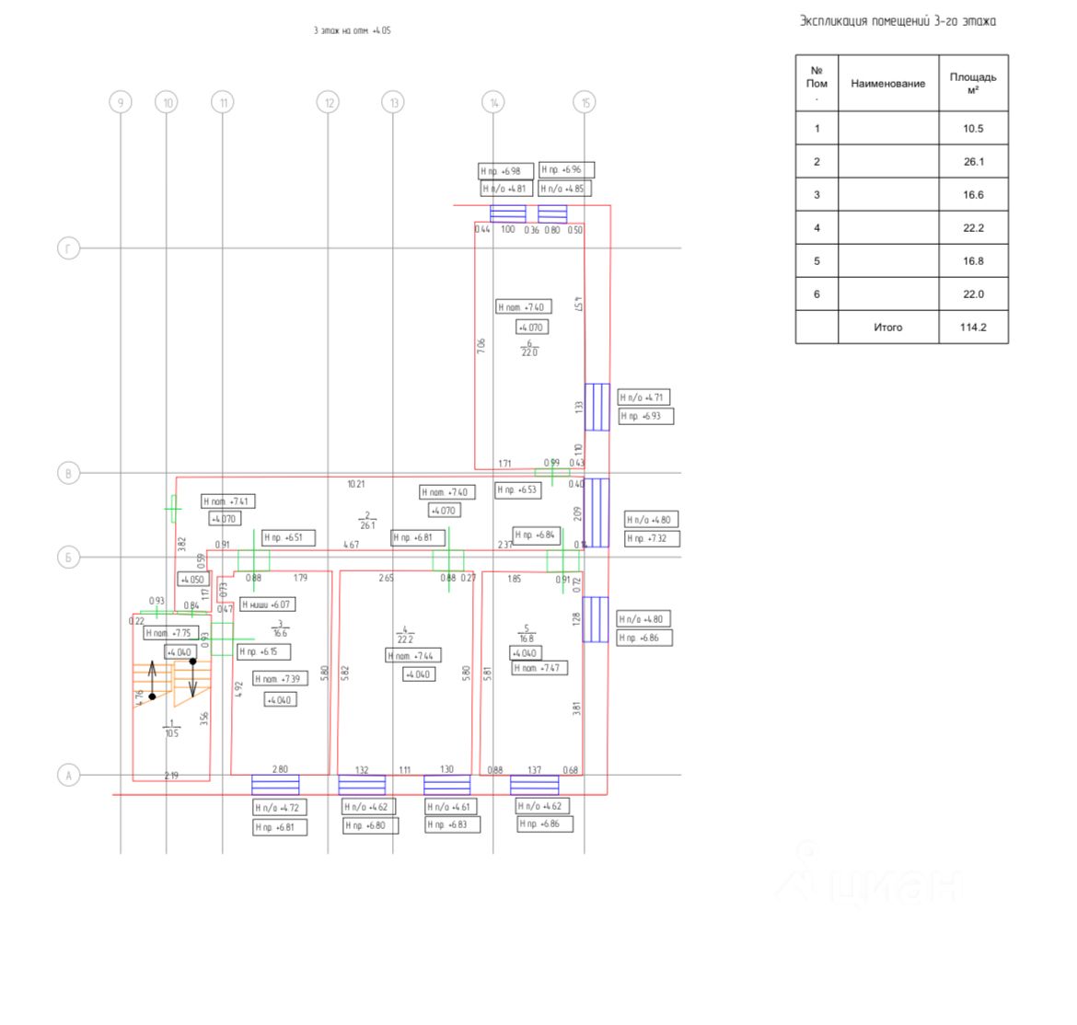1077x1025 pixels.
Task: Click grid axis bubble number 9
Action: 120,102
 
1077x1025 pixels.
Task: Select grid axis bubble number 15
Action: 585,102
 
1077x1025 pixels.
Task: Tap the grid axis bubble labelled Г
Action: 68,248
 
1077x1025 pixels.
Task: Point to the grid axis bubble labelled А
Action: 68,776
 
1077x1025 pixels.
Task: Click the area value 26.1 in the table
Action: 973,162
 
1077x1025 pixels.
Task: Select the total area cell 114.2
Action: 973,328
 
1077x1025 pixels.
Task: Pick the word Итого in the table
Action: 887,328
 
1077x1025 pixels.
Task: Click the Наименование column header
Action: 887,84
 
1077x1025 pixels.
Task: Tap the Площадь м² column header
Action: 973,84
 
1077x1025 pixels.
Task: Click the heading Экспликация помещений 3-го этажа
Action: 897,21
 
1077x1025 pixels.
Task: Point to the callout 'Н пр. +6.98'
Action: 501,171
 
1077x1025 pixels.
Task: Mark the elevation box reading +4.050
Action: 193,580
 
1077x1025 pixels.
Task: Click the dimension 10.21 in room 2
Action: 355,484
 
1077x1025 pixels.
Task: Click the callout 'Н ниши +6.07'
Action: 268,605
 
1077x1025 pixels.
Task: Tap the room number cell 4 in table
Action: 816,228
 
